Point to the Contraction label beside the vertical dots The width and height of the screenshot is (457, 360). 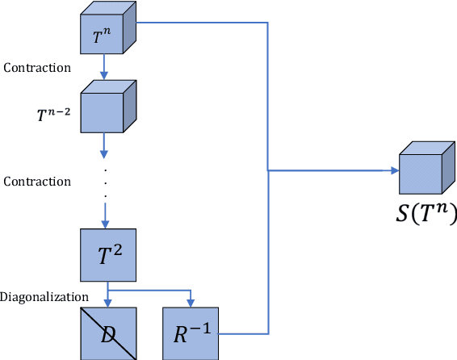coord(37,181)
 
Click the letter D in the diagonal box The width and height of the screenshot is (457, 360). coord(107,333)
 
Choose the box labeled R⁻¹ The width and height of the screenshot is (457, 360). coord(191,333)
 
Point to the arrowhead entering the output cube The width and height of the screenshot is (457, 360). coord(395,170)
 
